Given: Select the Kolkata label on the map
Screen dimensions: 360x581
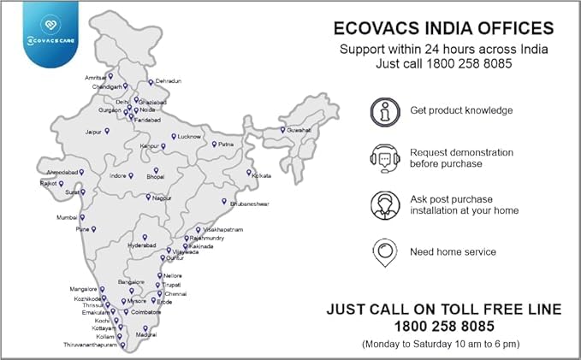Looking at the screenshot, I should pyautogui.click(x=259, y=174).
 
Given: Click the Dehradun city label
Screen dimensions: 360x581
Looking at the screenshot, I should pyautogui.click(x=169, y=81).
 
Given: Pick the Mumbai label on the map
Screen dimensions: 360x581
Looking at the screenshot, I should pyautogui.click(x=67, y=217).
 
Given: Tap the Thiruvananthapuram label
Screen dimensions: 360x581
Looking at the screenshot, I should pyautogui.click(x=91, y=345).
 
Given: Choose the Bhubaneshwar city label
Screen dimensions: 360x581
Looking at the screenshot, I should pyautogui.click(x=250, y=204).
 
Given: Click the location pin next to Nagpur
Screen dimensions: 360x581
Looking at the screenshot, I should pyautogui.click(x=148, y=197).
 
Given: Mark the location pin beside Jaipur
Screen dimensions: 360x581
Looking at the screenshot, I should pyautogui.click(x=107, y=131).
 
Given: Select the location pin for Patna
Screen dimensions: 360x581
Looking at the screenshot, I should pyautogui.click(x=214, y=144).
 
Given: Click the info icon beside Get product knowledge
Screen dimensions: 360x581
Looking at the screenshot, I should pyautogui.click(x=384, y=110).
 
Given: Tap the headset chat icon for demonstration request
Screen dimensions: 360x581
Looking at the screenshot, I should pyautogui.click(x=384, y=157).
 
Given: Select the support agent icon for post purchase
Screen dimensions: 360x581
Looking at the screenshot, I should pyautogui.click(x=384, y=204).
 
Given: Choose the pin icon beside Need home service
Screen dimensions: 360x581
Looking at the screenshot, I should pyautogui.click(x=384, y=251).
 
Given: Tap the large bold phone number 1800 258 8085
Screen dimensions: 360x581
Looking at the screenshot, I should pyautogui.click(x=444, y=326).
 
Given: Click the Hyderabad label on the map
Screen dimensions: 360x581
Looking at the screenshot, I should pyautogui.click(x=141, y=245).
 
